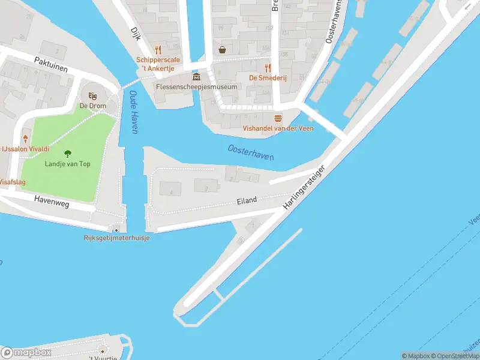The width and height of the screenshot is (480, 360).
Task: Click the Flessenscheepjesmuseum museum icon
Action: (x=196, y=77)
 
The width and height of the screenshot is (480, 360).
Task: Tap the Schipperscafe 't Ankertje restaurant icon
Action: (x=158, y=50)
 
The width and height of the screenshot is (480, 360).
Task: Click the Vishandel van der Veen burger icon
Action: (x=278, y=118)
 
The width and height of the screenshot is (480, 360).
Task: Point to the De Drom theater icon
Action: (x=92, y=96)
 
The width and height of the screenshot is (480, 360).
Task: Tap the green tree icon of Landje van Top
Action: (x=67, y=154)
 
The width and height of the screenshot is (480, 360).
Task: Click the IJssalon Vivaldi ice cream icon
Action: (x=25, y=139)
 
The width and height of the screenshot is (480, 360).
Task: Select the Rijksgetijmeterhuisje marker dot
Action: (x=116, y=229)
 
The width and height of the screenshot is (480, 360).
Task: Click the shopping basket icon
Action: (x=223, y=50)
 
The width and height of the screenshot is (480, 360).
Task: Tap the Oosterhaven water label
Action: (x=251, y=152)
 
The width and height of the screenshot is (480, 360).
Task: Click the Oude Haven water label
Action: (x=134, y=112)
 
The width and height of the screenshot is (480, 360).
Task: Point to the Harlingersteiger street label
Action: (x=307, y=187)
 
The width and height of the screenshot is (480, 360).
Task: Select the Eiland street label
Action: (x=247, y=200)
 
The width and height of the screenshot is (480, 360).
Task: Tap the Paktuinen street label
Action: (x=51, y=65)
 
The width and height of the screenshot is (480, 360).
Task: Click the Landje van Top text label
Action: (x=68, y=164)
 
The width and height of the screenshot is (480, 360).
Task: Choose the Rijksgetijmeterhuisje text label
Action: (x=116, y=238)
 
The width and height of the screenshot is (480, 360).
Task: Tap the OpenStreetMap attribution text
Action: (x=453, y=356)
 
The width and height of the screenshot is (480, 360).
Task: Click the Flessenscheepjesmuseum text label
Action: (x=196, y=87)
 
